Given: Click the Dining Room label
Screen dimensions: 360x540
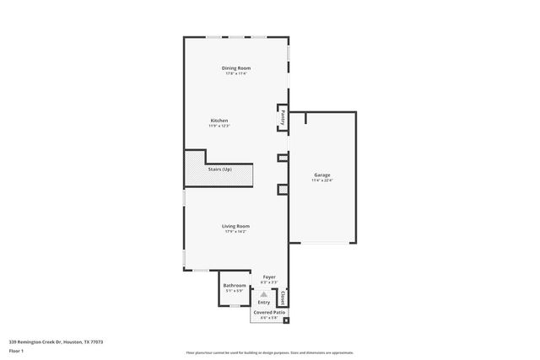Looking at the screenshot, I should [236, 67].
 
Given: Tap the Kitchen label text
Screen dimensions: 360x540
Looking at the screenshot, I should [219, 121].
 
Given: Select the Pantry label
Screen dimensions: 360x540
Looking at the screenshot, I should [282, 118].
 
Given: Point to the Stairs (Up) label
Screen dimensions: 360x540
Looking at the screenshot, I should [219, 169].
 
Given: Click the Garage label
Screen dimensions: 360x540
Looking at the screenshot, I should [321, 175].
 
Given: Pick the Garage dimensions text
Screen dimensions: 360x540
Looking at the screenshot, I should [321, 180].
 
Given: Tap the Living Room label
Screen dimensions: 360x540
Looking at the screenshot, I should [235, 225].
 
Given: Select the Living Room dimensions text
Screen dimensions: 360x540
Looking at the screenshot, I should [235, 231].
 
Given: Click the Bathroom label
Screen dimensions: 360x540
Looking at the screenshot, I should [235, 285].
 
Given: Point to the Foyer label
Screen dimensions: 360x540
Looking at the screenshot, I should [269, 277].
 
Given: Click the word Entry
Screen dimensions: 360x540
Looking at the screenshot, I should [264, 302].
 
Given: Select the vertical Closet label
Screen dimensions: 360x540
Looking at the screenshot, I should [282, 297].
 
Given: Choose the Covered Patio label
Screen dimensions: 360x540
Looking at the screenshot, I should [269, 312].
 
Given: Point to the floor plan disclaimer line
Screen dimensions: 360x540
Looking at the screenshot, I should [269, 352].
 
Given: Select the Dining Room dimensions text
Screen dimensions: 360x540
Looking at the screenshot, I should [236, 73].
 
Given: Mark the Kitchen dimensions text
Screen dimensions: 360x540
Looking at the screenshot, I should [219, 126].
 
